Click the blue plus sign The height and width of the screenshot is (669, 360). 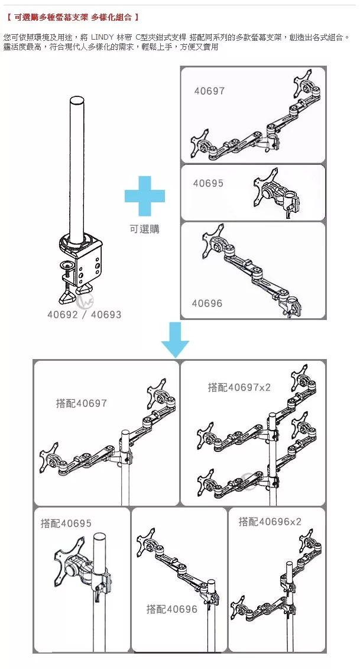point(145,196)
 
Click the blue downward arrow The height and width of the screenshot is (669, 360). point(175,340)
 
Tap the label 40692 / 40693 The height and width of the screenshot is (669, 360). point(85,315)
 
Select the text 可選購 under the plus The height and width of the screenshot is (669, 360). point(145,229)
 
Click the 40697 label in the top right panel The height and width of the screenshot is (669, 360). point(209,91)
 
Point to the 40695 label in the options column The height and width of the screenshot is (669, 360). point(208,183)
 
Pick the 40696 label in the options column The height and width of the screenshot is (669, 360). point(207,303)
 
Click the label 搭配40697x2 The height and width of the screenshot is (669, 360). point(239,387)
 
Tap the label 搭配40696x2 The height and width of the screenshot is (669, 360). point(270,521)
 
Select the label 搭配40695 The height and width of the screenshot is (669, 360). point(66,523)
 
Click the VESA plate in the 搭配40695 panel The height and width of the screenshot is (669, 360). point(67,558)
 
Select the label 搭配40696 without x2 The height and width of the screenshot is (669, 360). point(172,609)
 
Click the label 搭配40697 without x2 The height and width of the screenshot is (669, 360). point(82,403)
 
